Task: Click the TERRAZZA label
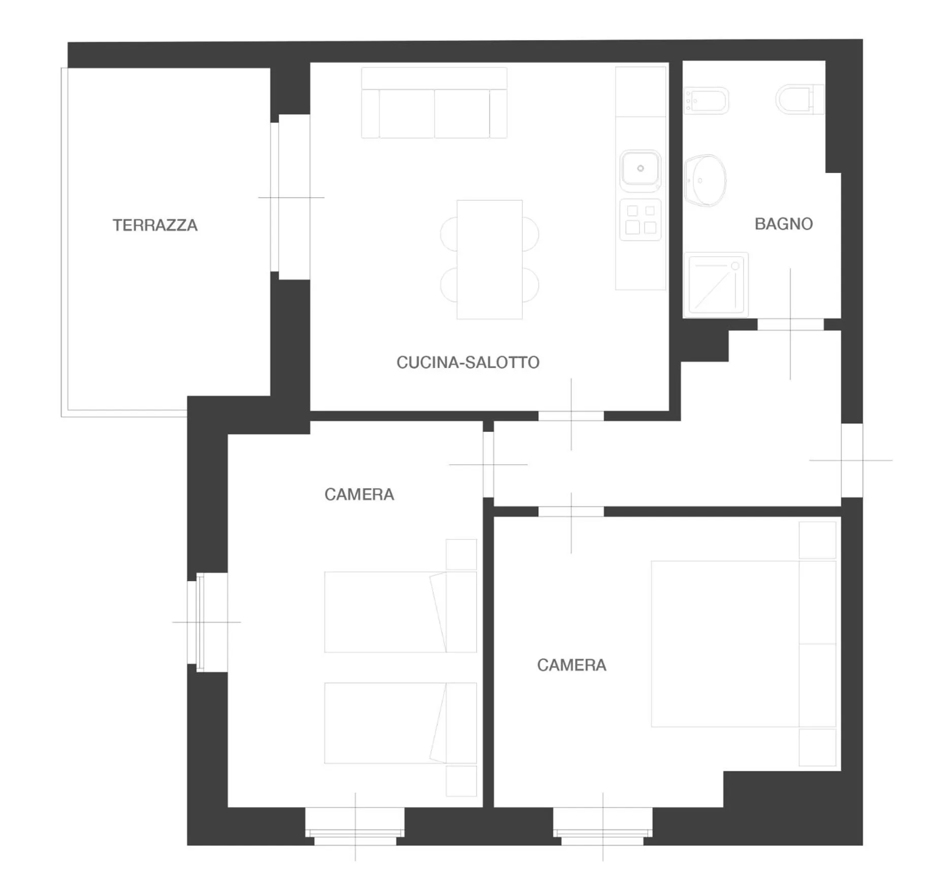(x=155, y=225)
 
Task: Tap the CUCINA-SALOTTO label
(x=467, y=362)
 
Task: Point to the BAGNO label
(x=783, y=224)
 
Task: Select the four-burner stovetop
(x=640, y=219)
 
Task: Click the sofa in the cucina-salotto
(x=434, y=104)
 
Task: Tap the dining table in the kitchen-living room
(x=489, y=259)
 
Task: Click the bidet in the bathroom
(x=706, y=100)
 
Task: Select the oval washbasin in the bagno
(x=705, y=180)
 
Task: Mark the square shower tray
(x=716, y=285)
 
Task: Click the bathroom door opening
(x=790, y=324)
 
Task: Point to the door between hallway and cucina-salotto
(x=571, y=416)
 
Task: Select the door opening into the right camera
(x=571, y=511)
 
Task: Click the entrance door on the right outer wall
(x=851, y=460)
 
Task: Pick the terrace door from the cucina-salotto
(x=290, y=197)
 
